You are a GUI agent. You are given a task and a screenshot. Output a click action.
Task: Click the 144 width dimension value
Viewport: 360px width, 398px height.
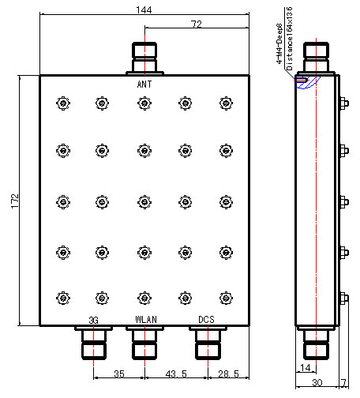144,10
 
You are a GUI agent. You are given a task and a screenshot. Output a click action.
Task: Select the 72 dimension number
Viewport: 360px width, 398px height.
197,24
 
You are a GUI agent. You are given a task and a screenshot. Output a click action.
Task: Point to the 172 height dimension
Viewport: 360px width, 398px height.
15,201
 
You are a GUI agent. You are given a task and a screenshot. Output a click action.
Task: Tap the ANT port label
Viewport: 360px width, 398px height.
144,84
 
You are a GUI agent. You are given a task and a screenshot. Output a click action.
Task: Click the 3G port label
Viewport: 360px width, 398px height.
93,321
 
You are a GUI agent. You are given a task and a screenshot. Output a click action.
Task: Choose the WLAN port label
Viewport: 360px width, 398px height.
146,320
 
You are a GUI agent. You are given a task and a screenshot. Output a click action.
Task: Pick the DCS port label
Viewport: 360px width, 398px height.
206,320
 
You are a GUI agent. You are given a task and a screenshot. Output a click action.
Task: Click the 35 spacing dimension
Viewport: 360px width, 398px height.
119,374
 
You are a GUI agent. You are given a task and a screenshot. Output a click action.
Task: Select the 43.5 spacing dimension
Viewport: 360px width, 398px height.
176,374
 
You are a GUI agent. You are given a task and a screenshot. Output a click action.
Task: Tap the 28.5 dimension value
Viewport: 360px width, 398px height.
228,374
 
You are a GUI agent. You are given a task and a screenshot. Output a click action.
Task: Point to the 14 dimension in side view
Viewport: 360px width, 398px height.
306,367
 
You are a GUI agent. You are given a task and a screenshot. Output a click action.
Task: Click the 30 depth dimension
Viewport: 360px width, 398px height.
317,382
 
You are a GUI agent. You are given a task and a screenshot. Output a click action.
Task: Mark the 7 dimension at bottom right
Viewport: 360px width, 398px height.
344,382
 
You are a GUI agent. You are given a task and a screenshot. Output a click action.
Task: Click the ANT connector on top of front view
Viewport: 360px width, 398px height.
144,58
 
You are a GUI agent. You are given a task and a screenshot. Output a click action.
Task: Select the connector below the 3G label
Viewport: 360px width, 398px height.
94,343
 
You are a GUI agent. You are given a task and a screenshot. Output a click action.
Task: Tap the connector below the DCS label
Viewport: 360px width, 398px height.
208,343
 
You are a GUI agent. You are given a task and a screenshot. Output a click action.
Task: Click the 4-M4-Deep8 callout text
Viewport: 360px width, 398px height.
279,43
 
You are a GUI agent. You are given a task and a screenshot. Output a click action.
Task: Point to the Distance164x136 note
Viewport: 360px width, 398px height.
289,39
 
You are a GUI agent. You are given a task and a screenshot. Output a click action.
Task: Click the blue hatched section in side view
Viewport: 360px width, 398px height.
308,82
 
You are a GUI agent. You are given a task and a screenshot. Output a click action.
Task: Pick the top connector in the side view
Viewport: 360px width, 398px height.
316,58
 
